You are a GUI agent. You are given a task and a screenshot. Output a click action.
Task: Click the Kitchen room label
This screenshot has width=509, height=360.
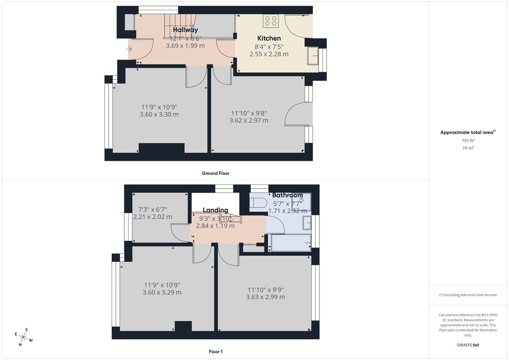click(x=269, y=38)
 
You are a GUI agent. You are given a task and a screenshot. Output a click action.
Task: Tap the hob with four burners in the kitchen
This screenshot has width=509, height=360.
click(x=270, y=20)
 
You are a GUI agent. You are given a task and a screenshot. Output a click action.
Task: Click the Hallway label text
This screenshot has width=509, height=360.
click(x=185, y=30)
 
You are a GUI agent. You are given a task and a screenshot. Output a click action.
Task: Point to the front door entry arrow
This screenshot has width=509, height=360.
click(x=129, y=49)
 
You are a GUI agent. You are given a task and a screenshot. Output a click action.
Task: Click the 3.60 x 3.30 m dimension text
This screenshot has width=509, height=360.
click(x=159, y=114)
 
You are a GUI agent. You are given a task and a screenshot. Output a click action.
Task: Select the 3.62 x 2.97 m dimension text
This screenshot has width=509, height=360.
click(x=249, y=120)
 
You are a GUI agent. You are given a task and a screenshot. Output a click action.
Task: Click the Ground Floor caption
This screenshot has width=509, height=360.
click(x=215, y=173)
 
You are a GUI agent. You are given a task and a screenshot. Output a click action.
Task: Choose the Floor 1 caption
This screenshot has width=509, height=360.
click(x=215, y=352)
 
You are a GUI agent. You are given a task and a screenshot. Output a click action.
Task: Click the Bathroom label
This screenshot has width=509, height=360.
click(x=288, y=195)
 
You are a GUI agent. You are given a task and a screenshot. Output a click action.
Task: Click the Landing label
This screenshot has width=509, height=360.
click(x=215, y=210)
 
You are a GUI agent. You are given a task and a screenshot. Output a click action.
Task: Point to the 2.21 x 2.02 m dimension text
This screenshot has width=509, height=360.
click(x=153, y=217)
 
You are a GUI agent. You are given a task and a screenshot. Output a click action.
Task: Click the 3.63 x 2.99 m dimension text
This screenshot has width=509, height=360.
click(x=266, y=297)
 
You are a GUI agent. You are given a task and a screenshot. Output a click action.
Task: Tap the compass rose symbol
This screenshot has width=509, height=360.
click(x=24, y=337)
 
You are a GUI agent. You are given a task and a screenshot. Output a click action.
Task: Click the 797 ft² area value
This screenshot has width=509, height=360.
click(x=467, y=141)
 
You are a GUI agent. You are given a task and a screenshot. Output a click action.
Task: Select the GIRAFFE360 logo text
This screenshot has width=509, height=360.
click(x=467, y=345)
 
